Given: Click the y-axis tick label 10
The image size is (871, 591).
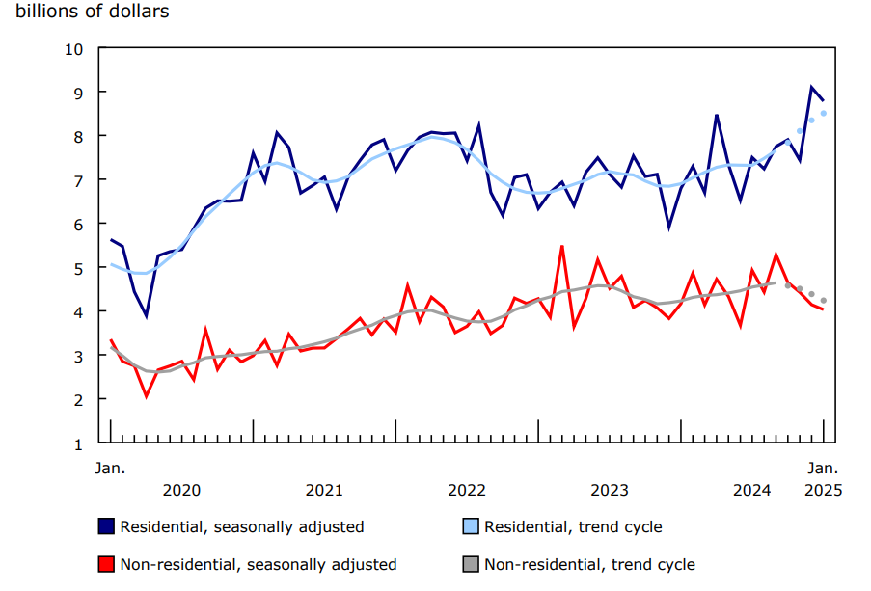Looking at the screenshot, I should click(x=75, y=48).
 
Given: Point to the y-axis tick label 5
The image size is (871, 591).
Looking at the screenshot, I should click(x=79, y=267).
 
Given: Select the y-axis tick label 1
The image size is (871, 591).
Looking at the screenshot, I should click(x=79, y=443).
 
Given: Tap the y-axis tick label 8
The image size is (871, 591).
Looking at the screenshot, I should click(x=79, y=136).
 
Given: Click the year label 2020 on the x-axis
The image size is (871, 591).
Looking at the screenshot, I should click(x=181, y=490).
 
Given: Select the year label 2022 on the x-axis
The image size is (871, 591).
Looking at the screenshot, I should click(x=467, y=490).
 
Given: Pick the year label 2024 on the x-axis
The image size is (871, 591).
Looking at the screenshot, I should click(x=752, y=490).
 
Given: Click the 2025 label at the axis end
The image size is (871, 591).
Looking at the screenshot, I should click(x=823, y=490).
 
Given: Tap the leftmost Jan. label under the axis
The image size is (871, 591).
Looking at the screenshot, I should click(x=110, y=468).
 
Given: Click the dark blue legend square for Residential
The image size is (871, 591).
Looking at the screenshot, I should click(x=107, y=526).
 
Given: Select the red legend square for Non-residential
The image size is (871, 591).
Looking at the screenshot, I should click(x=107, y=564).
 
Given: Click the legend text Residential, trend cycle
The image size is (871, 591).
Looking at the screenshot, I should click(x=573, y=526).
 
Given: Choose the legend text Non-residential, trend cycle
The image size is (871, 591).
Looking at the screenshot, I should click(x=589, y=564).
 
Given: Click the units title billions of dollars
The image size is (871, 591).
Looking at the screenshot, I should click(x=93, y=13).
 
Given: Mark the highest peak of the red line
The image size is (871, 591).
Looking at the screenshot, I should click(x=562, y=246).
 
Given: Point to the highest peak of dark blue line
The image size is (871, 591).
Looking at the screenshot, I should click(x=811, y=87).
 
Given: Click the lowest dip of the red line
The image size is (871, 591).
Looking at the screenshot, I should click(x=147, y=396).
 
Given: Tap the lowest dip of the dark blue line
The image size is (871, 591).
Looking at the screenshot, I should click(x=146, y=316).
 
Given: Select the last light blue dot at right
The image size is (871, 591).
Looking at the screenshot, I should click(x=823, y=114).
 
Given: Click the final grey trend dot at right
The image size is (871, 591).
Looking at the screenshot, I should click(x=823, y=301).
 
